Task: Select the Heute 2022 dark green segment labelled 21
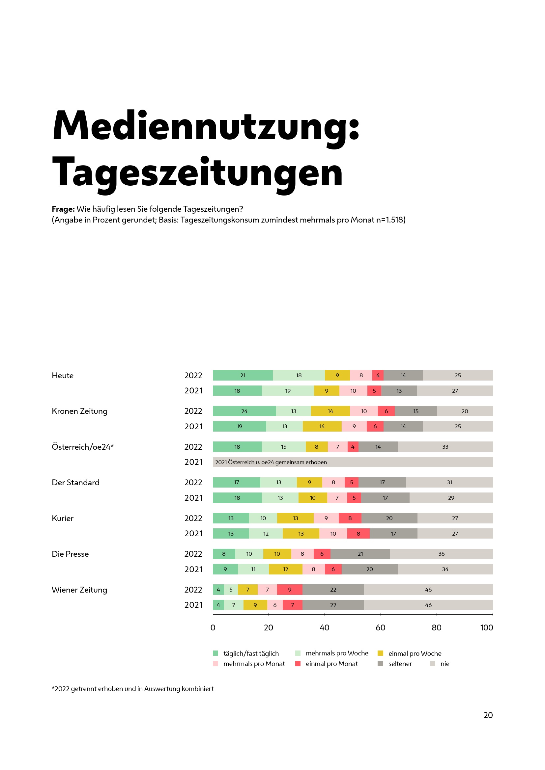point(243,375)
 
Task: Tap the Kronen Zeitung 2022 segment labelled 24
point(244,411)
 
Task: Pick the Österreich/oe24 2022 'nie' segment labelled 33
point(445,447)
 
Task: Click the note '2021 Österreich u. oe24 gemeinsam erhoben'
point(271,462)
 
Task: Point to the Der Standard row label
point(75,483)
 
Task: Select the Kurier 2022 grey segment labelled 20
point(389,518)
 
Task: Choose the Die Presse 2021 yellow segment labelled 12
point(285,569)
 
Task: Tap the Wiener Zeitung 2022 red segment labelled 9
point(290,590)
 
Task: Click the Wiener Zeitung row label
point(79,590)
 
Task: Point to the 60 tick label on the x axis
point(381,628)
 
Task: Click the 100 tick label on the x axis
point(486,628)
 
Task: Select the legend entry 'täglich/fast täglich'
point(251,653)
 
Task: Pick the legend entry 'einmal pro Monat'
point(331,664)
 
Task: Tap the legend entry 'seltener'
point(400,664)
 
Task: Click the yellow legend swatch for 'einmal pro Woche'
point(380,653)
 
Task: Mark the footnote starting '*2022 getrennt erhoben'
point(132,689)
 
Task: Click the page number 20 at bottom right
point(488,715)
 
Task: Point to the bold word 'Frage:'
point(63,209)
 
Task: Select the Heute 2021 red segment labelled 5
point(374,391)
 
